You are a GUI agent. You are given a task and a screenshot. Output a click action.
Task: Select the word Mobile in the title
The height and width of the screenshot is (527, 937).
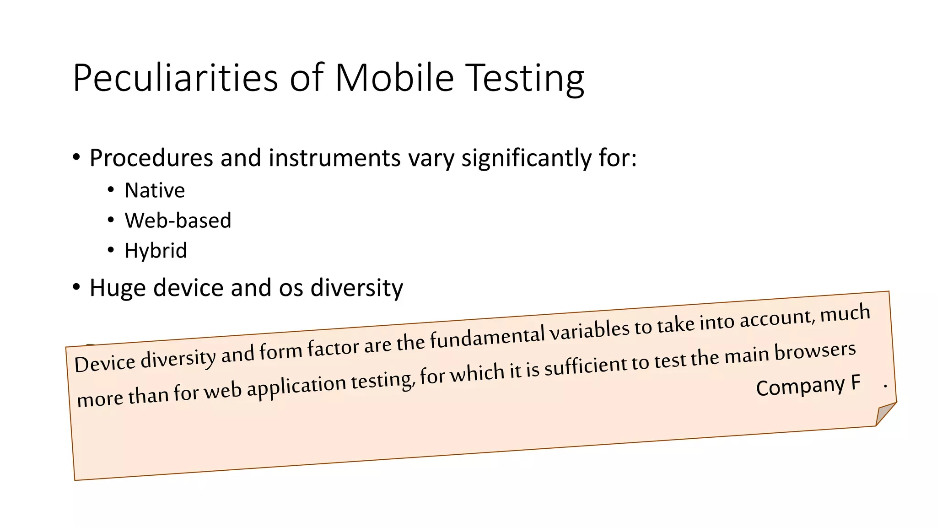pos(394,78)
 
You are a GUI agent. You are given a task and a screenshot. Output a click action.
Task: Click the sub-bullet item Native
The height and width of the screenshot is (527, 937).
pos(155,190)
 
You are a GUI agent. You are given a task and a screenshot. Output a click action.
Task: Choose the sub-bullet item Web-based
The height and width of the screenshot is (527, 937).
pos(178,220)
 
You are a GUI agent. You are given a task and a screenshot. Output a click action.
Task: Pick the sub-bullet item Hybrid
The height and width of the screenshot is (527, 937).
pos(156,251)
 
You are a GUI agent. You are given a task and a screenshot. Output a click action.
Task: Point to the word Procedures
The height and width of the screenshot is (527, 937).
pos(151,158)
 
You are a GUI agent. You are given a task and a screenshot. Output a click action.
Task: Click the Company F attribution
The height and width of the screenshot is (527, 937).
pos(808,386)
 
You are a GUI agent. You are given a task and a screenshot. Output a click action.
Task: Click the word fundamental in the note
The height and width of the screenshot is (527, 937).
pos(487,337)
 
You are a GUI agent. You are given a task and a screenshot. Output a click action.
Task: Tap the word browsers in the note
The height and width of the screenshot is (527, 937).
pos(815,352)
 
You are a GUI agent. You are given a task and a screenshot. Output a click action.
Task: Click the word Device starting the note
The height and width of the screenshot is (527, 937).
pos(105,364)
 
